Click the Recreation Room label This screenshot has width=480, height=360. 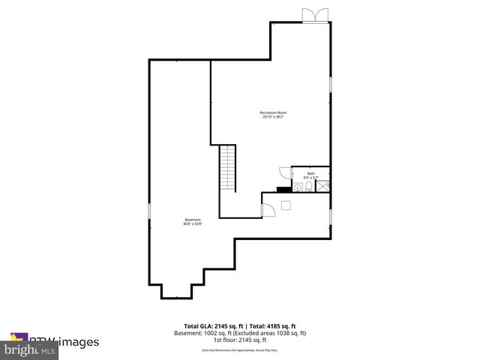point(272,112)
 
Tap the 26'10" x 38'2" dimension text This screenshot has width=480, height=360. point(272,117)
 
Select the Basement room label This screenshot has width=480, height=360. point(193,219)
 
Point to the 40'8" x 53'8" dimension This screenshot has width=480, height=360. point(193,223)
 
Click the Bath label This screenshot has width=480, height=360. point(310,173)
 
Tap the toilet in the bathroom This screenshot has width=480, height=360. point(308,187)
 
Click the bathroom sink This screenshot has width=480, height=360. point(296,189)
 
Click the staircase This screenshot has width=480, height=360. point(227,169)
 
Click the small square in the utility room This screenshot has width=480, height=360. point(286,205)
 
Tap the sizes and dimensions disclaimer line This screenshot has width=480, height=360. point(239,350)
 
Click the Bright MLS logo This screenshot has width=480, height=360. point(30,349)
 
